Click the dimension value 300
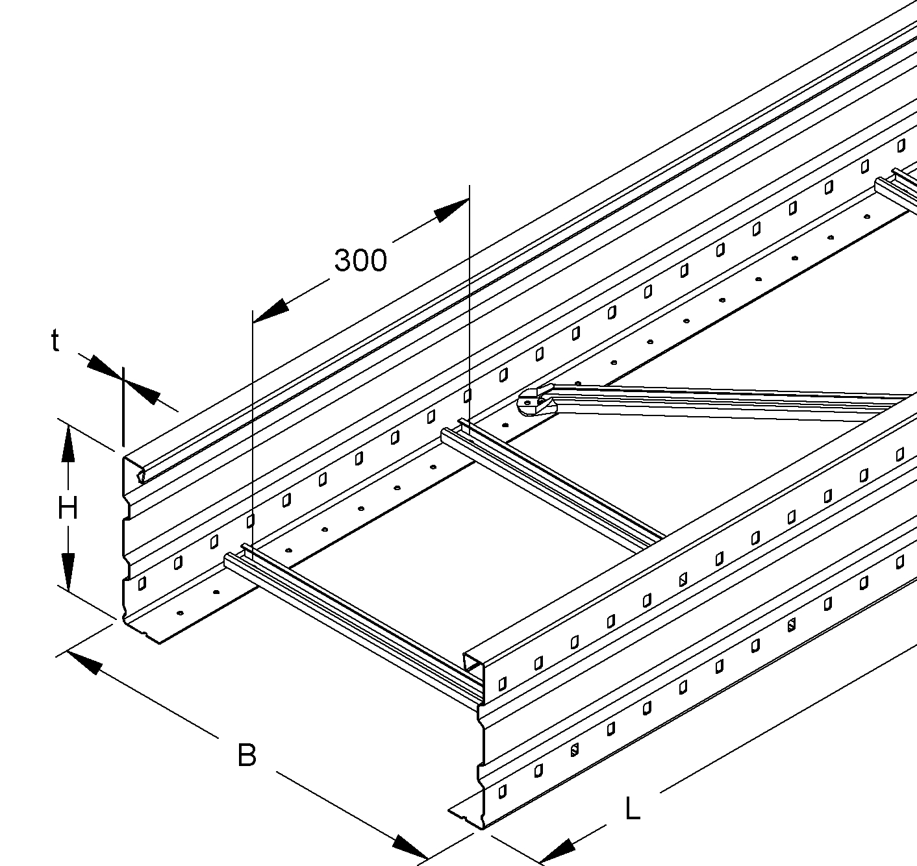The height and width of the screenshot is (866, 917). (x=360, y=260)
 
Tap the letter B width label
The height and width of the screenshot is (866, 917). (x=247, y=756)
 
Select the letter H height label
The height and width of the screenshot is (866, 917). (x=68, y=508)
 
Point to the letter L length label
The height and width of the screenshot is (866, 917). (x=632, y=810)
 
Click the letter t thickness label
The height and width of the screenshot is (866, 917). (x=56, y=341)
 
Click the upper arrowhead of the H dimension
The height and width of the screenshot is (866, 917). (x=68, y=445)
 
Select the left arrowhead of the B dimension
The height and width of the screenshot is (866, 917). (x=84, y=662)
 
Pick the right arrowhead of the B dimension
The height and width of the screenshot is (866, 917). (x=409, y=847)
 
